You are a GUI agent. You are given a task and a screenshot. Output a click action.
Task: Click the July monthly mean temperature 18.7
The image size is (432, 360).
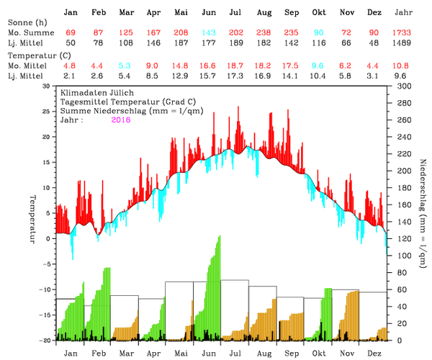click(235, 66)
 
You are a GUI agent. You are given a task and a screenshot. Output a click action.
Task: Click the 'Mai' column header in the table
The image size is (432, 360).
click(181, 13)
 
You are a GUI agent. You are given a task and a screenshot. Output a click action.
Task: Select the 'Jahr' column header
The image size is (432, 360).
click(403, 13)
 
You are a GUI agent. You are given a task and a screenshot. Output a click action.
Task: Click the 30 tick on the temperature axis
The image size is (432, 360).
click(47, 86)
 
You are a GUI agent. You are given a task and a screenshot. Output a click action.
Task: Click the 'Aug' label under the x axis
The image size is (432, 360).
click(264, 354)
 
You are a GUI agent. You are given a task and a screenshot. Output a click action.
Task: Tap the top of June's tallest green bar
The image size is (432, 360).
click(219, 236)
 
